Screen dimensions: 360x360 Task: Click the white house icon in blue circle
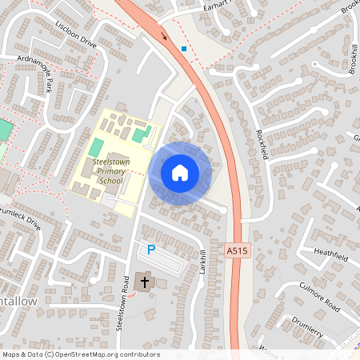point(180,173)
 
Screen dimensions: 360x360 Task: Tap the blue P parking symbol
point(150,250)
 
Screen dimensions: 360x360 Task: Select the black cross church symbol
point(145,281)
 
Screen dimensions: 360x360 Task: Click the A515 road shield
point(235,250)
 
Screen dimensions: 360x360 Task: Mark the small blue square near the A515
point(184,48)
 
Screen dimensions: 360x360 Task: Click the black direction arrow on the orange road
point(166,34)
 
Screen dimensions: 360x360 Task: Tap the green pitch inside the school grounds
point(96,147)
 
